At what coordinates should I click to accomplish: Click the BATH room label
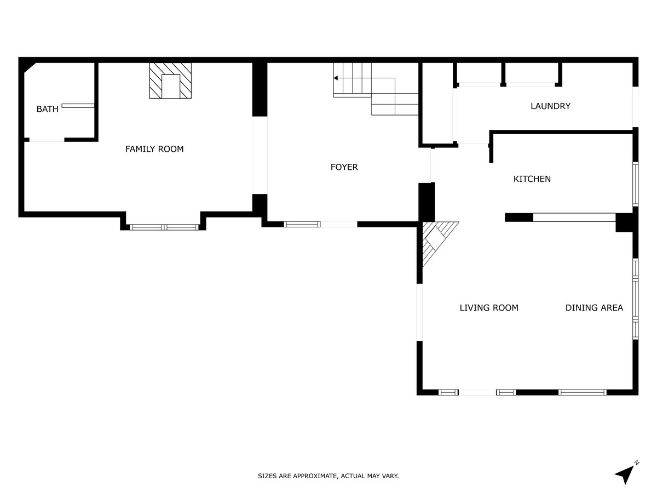(x=47, y=109)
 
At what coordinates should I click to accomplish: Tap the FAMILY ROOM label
(x=154, y=149)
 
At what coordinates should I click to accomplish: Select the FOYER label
(x=344, y=167)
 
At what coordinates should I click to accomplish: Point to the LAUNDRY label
(x=550, y=106)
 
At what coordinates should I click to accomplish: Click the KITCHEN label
(x=532, y=179)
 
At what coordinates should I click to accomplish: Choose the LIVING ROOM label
(x=489, y=307)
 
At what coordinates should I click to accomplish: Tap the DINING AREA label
(x=594, y=307)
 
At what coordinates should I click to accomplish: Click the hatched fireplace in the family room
(x=170, y=81)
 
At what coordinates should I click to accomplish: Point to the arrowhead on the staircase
(x=336, y=78)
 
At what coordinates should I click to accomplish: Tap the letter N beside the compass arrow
(x=637, y=463)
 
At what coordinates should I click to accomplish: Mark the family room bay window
(x=164, y=227)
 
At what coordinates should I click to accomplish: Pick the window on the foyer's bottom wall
(x=302, y=224)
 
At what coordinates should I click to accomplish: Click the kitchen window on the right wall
(x=635, y=184)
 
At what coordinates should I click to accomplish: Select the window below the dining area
(x=582, y=392)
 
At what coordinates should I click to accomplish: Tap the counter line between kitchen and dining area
(x=574, y=217)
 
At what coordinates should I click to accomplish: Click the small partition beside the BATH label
(x=78, y=106)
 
